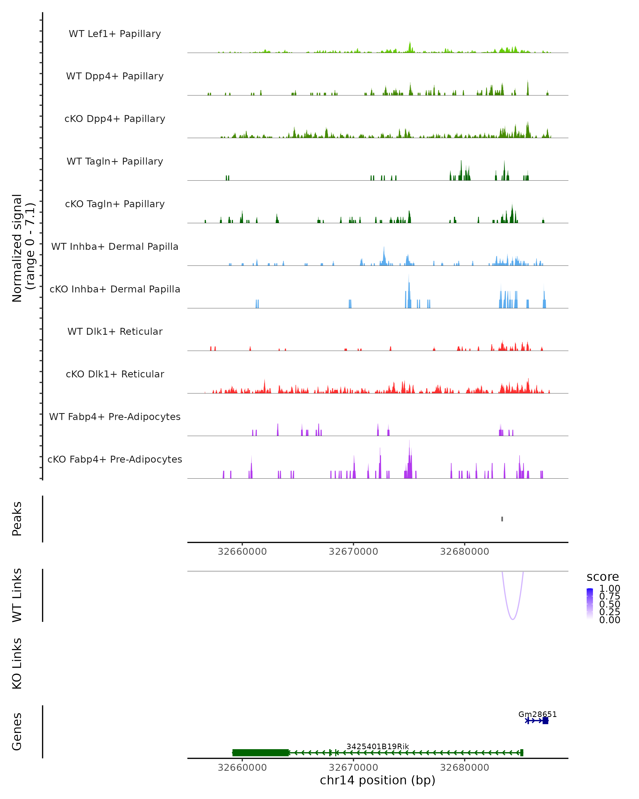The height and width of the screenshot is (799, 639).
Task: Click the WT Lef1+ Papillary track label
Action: click(x=115, y=34)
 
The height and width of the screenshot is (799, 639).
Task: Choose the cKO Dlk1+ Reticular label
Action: click(x=115, y=374)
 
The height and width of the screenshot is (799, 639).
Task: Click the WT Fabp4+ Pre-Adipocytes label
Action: click(x=115, y=417)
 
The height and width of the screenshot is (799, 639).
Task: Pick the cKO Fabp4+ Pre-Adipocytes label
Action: click(x=115, y=459)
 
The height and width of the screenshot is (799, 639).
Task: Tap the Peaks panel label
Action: click(x=17, y=519)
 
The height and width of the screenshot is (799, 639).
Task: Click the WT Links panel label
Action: click(x=17, y=595)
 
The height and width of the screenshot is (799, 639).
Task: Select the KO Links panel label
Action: click(x=17, y=663)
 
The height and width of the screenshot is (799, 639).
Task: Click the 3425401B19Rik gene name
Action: click(x=378, y=746)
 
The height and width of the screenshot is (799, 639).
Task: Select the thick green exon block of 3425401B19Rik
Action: click(x=260, y=753)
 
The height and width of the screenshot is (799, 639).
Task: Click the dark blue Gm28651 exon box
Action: click(x=545, y=720)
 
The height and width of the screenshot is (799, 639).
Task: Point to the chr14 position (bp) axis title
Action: click(x=378, y=780)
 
